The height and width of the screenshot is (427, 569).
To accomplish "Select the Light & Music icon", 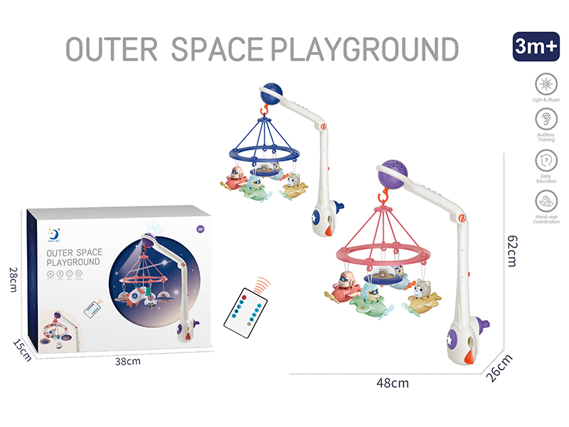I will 545,85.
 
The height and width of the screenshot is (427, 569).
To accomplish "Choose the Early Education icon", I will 545,162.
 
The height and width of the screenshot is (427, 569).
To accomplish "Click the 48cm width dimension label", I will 392,384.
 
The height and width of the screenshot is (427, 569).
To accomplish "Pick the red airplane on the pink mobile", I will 344,286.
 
